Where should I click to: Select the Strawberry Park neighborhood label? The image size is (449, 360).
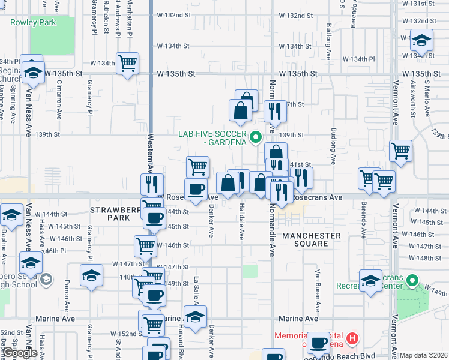click(110, 214)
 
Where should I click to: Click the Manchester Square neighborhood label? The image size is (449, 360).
click(312, 240)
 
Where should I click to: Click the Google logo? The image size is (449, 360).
click(20, 353)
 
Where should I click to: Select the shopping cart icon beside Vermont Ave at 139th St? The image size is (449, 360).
click(400, 151)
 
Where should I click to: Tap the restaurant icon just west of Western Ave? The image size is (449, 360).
click(152, 184)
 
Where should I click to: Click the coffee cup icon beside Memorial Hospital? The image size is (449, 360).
click(319, 342)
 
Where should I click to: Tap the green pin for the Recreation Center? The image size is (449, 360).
click(412, 281)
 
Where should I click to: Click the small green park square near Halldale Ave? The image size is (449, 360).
click(250, 271)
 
